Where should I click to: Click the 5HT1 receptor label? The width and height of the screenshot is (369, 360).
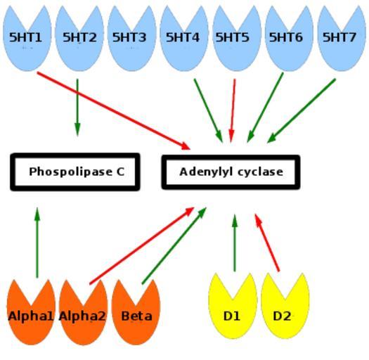coord(25,37)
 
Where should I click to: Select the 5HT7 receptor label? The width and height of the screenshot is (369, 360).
coord(339,37)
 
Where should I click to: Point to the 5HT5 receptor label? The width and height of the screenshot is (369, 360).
coord(232,37)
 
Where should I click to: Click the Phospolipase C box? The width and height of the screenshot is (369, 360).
coord(75,172)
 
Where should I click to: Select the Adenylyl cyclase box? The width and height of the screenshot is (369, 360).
coord(231,172)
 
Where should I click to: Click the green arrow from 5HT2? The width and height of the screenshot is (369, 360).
coord(77,108)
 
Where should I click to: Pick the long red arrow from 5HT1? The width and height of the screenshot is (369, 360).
coord(114,110)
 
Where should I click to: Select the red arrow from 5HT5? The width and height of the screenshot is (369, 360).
coord(233,110)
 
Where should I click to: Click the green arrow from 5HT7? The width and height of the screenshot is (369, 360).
coord(302,110)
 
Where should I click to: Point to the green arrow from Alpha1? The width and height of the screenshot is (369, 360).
coord(37,243)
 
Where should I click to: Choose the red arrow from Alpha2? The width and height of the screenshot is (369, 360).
coord(142,246)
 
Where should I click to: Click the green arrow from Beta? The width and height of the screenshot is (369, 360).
coord(174,246)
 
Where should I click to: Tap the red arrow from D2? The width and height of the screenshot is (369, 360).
coord(267,243)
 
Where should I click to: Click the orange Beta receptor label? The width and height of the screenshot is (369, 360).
coord(136,316)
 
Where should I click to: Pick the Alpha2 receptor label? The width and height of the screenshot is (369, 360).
coord(82,316)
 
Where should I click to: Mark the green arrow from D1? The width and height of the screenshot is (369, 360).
coord(235,243)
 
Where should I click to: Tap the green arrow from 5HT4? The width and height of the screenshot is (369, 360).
coord(208,110)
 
